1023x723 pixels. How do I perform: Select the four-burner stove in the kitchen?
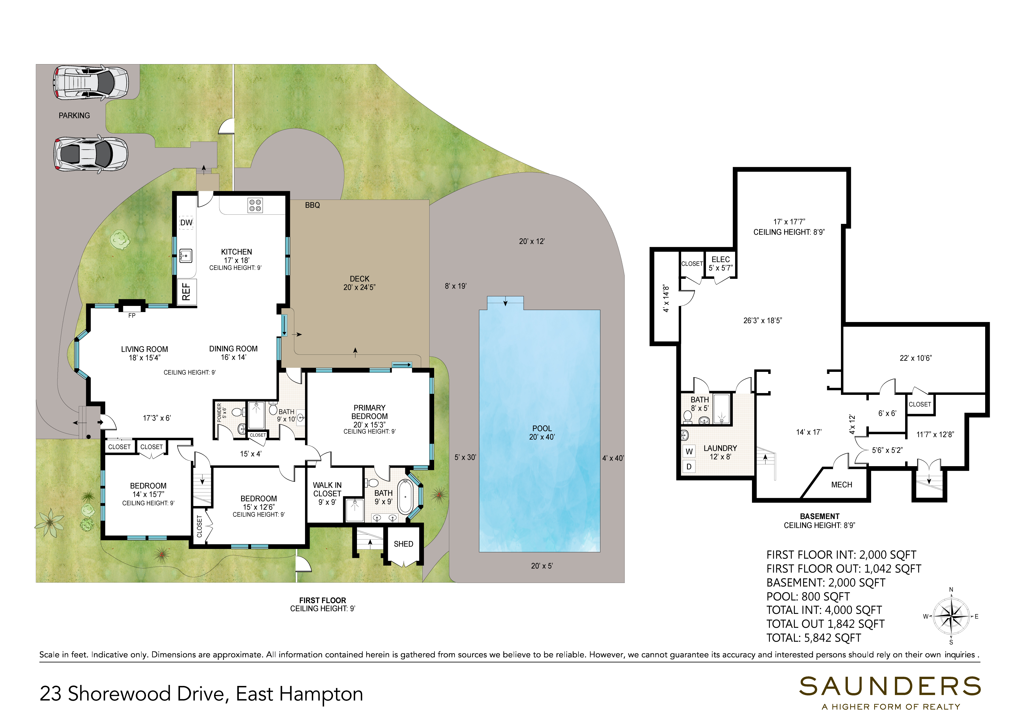[255, 205]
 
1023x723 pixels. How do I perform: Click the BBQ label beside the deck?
[312, 205]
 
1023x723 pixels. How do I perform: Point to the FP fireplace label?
[132, 315]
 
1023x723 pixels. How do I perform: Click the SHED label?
[403, 544]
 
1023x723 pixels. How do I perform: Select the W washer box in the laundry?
[689, 451]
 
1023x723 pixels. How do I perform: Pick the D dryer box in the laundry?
[689, 466]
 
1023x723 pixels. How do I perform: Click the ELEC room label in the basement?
[721, 259]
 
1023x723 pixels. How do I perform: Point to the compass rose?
[951, 616]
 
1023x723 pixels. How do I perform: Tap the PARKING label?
[74, 115]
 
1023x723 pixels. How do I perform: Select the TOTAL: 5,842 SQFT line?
[814, 638]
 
